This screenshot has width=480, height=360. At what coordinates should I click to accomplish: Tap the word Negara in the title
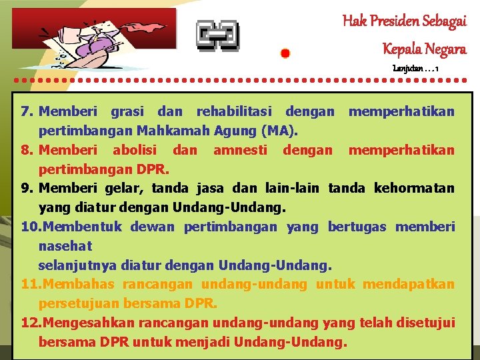443,48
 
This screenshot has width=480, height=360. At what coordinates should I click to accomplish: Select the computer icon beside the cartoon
217,35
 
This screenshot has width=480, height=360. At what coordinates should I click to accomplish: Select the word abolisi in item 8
135,150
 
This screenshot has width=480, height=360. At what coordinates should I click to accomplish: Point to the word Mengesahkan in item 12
87,323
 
